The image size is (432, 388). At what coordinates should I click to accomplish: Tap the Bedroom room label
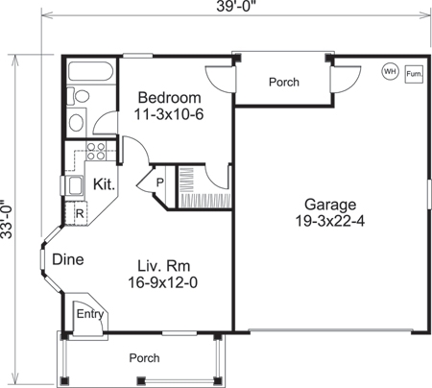pyautogui.click(x=169, y=99)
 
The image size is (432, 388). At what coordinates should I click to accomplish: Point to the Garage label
pyautogui.click(x=330, y=205)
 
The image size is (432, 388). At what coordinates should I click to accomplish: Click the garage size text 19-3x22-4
pyautogui.click(x=330, y=221)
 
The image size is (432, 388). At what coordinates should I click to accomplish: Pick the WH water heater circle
pyautogui.click(x=391, y=71)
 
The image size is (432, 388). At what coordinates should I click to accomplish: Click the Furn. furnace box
pyautogui.click(x=415, y=73)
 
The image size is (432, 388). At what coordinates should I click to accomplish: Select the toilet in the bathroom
pyautogui.click(x=81, y=97)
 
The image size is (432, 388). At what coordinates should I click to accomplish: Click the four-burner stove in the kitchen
pyautogui.click(x=96, y=151)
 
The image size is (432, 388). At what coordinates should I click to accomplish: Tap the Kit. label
pyautogui.click(x=105, y=183)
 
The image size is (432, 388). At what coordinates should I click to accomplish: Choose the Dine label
pyautogui.click(x=66, y=258)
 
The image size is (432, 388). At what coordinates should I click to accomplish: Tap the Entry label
pyautogui.click(x=91, y=313)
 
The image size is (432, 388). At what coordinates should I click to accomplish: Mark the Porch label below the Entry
pyautogui.click(x=145, y=357)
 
